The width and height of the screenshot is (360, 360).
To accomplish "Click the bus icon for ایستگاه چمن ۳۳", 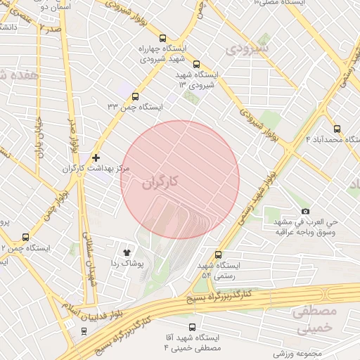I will point(135,97).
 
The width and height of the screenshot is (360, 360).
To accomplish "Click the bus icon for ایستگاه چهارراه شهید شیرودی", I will point(163,39).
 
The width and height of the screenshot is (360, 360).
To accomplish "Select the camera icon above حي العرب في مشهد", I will point(305,211).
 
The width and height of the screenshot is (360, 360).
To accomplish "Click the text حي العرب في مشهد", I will point(307,221).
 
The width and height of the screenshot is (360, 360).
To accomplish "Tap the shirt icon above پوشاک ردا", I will point(127,252).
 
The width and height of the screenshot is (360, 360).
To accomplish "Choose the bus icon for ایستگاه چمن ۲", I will point(26,238).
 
